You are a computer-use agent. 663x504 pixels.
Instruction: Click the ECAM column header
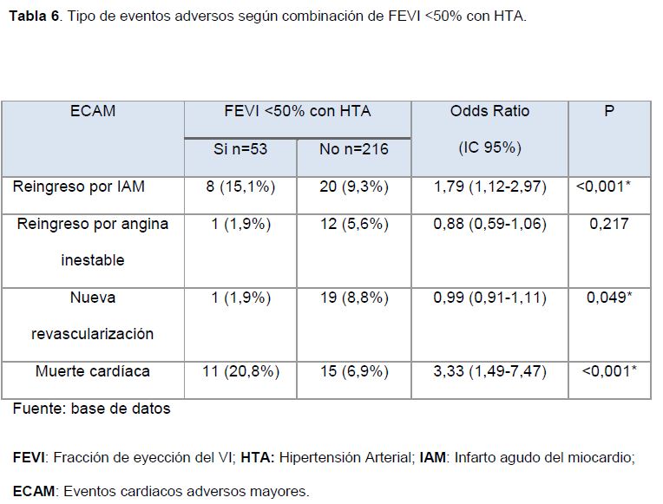click(x=92, y=112)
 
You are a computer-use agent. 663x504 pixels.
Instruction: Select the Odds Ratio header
click(x=489, y=112)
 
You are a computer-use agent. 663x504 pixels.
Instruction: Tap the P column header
click(x=608, y=112)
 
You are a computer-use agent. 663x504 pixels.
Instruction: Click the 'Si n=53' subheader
click(x=240, y=149)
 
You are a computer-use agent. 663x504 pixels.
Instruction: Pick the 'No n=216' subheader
click(x=353, y=149)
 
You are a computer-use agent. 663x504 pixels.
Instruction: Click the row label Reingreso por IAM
click(x=79, y=187)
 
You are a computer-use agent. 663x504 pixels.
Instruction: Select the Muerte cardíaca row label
click(x=92, y=371)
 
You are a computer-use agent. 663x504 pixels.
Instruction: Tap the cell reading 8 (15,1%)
click(x=240, y=187)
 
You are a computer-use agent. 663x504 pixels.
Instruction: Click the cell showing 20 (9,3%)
click(x=353, y=187)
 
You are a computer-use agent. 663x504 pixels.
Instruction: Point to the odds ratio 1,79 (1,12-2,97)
click(x=489, y=187)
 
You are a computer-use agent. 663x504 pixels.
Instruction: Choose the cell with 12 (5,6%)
click(x=353, y=224)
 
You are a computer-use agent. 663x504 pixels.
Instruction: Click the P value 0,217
click(x=608, y=224)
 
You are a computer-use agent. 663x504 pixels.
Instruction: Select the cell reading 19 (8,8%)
click(x=353, y=298)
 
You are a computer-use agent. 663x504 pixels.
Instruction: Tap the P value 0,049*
click(x=608, y=298)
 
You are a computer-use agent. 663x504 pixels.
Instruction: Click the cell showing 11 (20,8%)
click(x=240, y=371)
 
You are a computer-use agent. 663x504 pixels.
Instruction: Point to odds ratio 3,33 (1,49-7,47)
click(x=489, y=371)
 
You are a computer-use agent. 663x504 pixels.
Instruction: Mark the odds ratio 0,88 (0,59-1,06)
click(x=489, y=224)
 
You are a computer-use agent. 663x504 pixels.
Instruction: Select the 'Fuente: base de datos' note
click(x=91, y=409)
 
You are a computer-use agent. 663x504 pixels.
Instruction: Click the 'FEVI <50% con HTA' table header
click(x=297, y=112)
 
